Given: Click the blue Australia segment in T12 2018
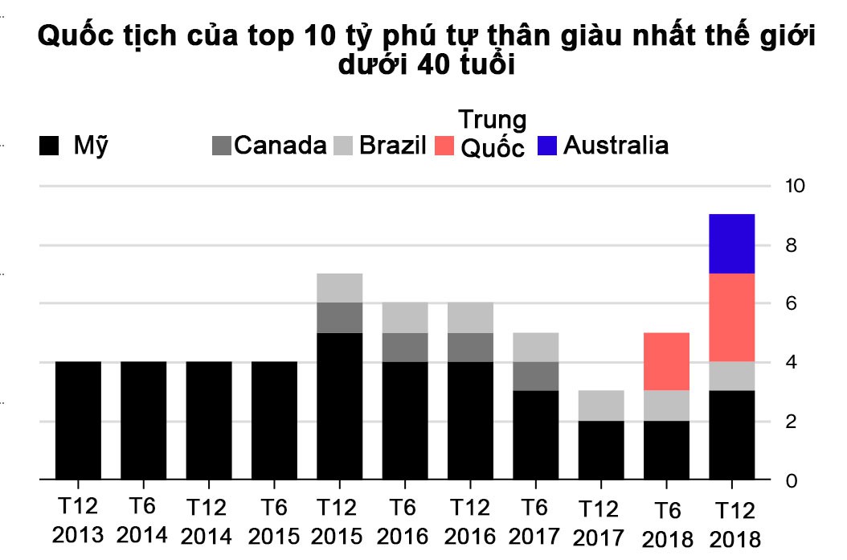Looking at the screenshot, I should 731,244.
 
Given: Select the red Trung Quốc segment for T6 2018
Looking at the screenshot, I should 666,361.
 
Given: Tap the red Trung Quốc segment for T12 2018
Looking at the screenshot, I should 731,318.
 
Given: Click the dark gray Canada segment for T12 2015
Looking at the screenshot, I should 339,318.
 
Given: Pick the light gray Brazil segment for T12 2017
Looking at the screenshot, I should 600,406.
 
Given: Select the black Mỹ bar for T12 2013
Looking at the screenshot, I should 78,421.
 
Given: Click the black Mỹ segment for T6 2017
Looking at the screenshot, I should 535,435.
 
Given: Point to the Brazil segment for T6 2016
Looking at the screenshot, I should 405,318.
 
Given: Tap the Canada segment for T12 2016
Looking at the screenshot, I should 470,348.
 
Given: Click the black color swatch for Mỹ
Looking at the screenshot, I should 50,146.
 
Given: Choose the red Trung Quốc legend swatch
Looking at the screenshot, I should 444,146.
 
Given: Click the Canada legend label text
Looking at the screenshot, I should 280,146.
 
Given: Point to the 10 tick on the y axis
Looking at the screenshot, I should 794,186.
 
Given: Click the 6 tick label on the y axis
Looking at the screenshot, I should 791,303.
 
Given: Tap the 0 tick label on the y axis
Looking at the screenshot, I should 791,480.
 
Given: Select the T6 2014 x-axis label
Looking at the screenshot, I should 143,521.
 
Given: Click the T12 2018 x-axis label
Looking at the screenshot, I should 731,521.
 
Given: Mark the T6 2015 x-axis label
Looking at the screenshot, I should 274,521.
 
